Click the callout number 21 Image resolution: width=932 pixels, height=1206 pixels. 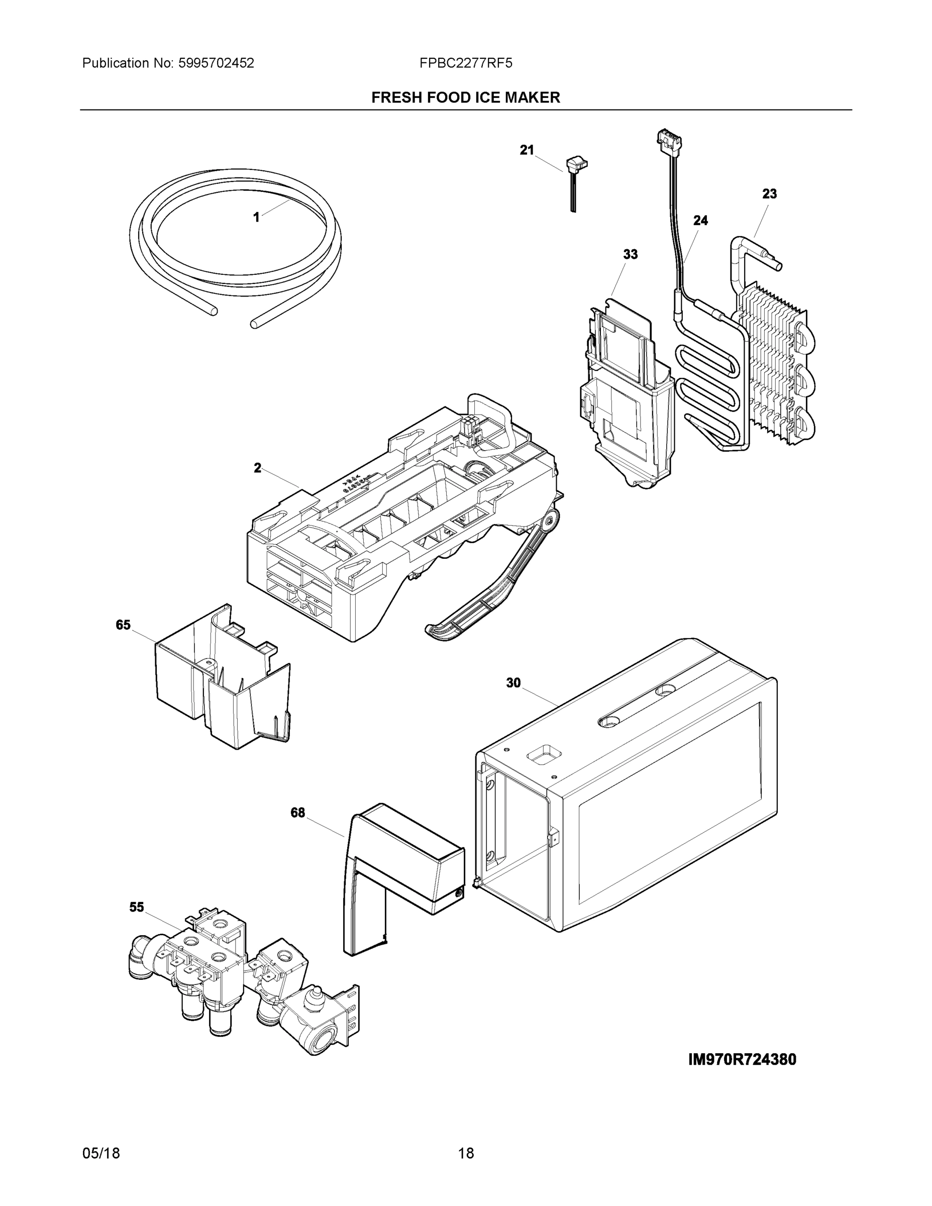point(527,150)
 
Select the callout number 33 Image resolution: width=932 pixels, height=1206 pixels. point(630,255)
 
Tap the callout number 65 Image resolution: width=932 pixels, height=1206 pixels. point(123,625)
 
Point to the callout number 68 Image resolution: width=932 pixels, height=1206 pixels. point(297,813)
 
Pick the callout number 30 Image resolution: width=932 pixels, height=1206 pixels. point(513,683)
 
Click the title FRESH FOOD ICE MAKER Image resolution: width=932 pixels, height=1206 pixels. point(465,98)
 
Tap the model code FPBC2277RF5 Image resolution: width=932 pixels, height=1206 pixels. point(465,63)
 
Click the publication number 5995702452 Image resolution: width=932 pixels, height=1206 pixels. point(216,63)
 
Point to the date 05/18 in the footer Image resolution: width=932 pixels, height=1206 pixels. point(101,1154)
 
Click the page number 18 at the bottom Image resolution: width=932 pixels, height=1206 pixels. point(465,1154)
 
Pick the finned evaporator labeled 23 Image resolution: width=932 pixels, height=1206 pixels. point(773,364)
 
